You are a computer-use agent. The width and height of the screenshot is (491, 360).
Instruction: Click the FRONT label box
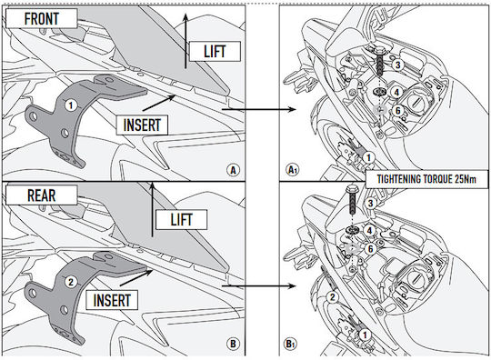[x=41, y=18]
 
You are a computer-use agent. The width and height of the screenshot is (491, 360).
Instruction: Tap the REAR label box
[x=41, y=195]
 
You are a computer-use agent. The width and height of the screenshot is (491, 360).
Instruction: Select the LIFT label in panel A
[x=215, y=51]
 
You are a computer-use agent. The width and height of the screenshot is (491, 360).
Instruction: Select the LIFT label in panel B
[x=181, y=219]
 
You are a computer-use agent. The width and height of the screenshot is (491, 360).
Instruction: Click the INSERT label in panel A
[x=142, y=125]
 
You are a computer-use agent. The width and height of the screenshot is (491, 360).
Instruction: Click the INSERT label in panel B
[x=112, y=300]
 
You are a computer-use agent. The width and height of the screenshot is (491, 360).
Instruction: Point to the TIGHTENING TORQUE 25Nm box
[x=426, y=179]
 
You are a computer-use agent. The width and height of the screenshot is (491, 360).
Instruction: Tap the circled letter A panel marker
[x=233, y=170]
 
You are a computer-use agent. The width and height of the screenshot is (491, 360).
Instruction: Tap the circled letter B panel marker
[x=233, y=344]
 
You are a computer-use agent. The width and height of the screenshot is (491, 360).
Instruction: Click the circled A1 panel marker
[x=293, y=170]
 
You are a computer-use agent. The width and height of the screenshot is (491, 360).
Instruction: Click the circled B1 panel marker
[x=291, y=344]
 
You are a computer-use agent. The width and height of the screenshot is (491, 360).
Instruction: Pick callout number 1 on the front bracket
[x=71, y=105]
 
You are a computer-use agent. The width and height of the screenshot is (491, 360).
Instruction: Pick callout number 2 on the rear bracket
[x=71, y=282]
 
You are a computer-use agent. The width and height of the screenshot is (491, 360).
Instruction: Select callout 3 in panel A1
[x=398, y=65]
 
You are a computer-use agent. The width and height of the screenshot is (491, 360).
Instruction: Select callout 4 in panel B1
[x=370, y=231]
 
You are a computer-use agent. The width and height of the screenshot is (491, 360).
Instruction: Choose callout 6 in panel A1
[x=398, y=111]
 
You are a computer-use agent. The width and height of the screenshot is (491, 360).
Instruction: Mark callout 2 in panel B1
[x=332, y=296]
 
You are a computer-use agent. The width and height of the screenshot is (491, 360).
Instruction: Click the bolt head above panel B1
[x=350, y=190]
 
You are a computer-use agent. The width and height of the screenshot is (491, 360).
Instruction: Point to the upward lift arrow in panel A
[x=185, y=41]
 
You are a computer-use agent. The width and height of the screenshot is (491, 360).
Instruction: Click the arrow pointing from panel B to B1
[x=258, y=285]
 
